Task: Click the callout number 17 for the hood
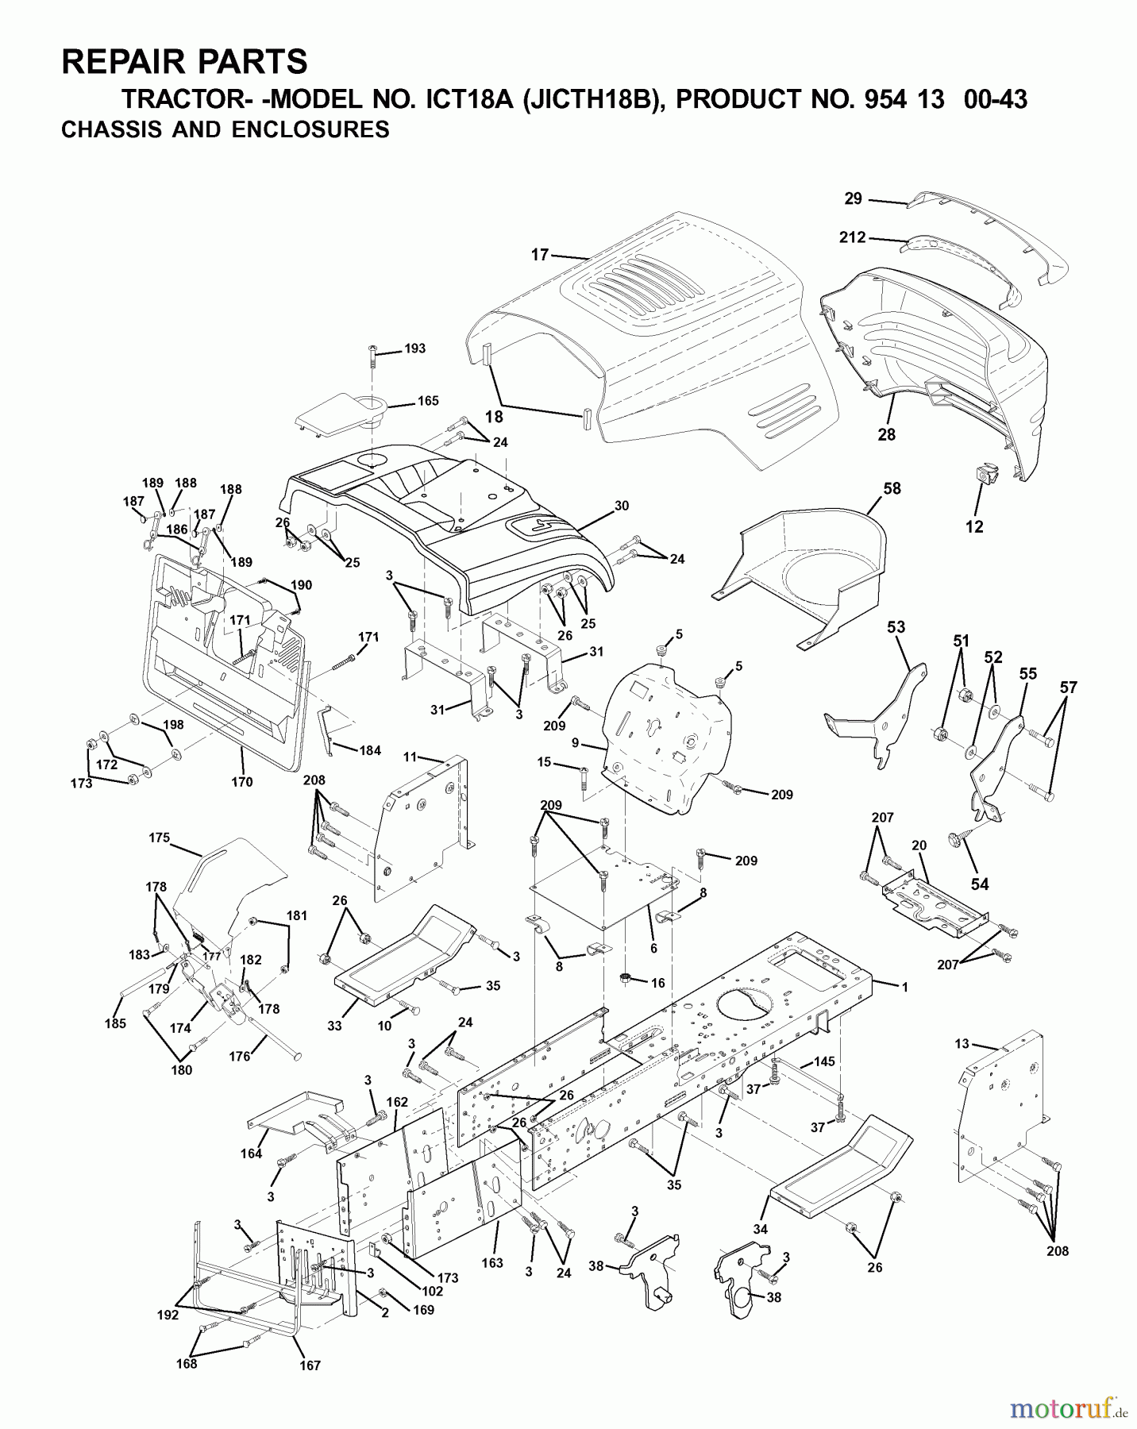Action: pos(540,255)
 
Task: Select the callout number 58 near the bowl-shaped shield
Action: pos(892,488)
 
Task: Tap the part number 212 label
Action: pos(853,237)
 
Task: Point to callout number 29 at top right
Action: pos(854,198)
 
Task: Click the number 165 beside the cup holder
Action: pos(428,401)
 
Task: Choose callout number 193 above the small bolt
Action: pos(414,348)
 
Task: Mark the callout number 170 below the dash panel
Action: pos(241,782)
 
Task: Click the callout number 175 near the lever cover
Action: pos(159,838)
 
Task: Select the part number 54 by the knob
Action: pos(980,884)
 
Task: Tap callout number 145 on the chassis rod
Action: pos(823,1061)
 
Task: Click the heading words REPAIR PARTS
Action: pos(184,61)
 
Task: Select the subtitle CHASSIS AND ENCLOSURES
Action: pos(225,129)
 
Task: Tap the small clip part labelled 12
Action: pos(982,476)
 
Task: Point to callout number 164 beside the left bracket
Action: pos(251,1153)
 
